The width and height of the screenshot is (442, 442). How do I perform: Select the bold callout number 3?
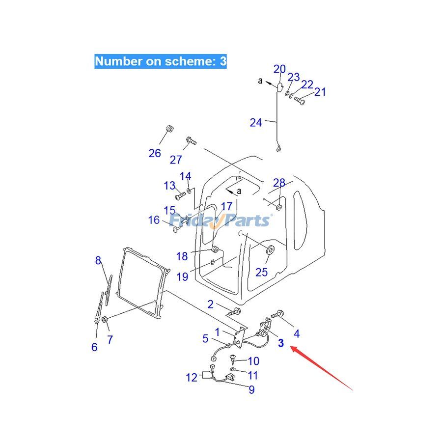click(x=281, y=343)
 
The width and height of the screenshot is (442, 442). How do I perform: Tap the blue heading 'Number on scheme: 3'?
click(x=161, y=61)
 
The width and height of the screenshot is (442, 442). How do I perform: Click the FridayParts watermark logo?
click(x=221, y=221)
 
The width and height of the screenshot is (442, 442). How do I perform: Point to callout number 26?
click(x=155, y=153)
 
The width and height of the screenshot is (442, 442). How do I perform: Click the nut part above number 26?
click(x=168, y=129)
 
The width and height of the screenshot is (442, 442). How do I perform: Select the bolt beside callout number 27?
click(x=191, y=141)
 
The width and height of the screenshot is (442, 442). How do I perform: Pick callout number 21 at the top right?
click(x=320, y=91)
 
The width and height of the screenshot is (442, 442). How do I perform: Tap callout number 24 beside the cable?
click(x=256, y=122)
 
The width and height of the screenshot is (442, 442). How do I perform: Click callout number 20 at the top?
click(x=279, y=69)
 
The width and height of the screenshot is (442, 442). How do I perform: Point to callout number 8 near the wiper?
click(x=98, y=260)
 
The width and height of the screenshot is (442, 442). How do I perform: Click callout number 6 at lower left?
click(x=94, y=347)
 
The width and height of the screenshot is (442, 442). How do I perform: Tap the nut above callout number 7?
click(x=106, y=321)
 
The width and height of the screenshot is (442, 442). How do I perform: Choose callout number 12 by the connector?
click(x=191, y=377)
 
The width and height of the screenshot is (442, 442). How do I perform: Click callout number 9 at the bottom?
click(x=251, y=390)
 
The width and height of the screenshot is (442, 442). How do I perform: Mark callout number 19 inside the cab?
click(x=182, y=276)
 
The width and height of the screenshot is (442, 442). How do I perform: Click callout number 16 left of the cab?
click(x=154, y=220)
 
